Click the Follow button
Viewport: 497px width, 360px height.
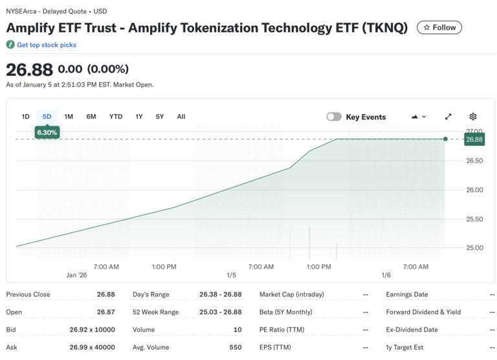point(439,27)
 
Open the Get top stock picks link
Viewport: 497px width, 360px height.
point(46,45)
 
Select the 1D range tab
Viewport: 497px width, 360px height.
point(26,117)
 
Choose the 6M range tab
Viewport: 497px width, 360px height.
point(91,117)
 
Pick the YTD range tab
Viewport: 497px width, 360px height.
point(116,117)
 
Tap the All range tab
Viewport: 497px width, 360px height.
point(181,117)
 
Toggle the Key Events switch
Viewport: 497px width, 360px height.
point(334,117)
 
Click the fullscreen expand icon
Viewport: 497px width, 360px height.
point(448,117)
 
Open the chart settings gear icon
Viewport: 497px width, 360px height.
point(473,117)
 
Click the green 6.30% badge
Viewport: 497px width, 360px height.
point(47,132)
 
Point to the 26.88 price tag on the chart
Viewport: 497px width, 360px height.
point(474,139)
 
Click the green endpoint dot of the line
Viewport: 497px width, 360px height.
point(446,139)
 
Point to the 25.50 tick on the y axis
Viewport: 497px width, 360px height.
point(474,219)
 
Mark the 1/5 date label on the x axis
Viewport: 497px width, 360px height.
point(232,275)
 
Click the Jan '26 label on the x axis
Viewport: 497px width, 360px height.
point(76,275)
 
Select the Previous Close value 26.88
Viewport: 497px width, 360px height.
point(106,295)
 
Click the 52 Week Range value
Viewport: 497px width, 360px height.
point(220,312)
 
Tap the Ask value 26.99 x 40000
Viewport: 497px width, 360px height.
point(92,347)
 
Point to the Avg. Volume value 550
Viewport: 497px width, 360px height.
point(235,347)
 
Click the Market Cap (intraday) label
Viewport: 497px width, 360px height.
point(292,295)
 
